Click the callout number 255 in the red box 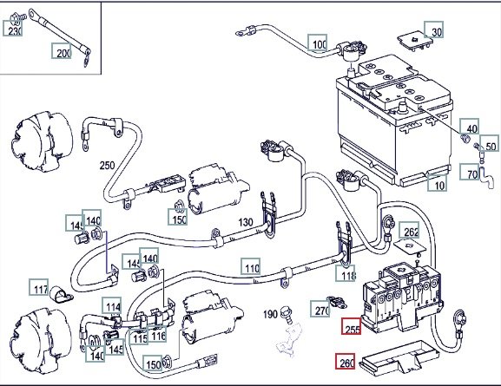coord(352,326)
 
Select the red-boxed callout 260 coord(346,361)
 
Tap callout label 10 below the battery coord(437,183)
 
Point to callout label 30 coord(434,29)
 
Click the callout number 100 coord(318,43)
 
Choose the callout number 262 coord(409,230)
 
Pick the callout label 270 coord(320,309)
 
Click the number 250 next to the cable coord(107,166)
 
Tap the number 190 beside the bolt coord(270,314)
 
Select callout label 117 coord(39,287)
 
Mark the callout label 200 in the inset coord(62,51)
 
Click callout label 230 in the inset coord(13,28)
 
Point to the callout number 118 coord(346,273)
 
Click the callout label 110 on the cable coord(251,266)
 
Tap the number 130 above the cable coord(246,222)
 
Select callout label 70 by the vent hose coord(470,172)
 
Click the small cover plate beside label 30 coord(415,40)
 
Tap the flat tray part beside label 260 coord(399,357)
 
